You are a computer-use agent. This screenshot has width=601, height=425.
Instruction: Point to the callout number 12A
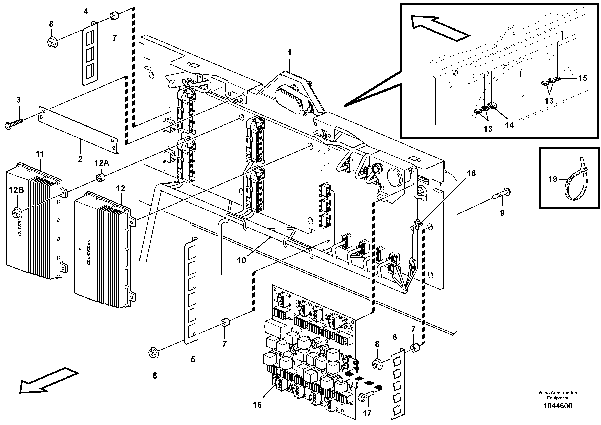coord(102,163)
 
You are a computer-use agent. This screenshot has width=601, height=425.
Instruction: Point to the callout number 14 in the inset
coord(509,125)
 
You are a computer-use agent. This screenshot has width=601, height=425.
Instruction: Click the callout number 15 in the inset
coord(583,78)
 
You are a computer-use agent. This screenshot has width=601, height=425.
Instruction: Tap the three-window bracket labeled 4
coord(90,54)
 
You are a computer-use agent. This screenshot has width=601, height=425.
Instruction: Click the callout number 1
coord(289,53)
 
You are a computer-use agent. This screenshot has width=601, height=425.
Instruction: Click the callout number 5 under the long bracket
coord(193,359)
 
